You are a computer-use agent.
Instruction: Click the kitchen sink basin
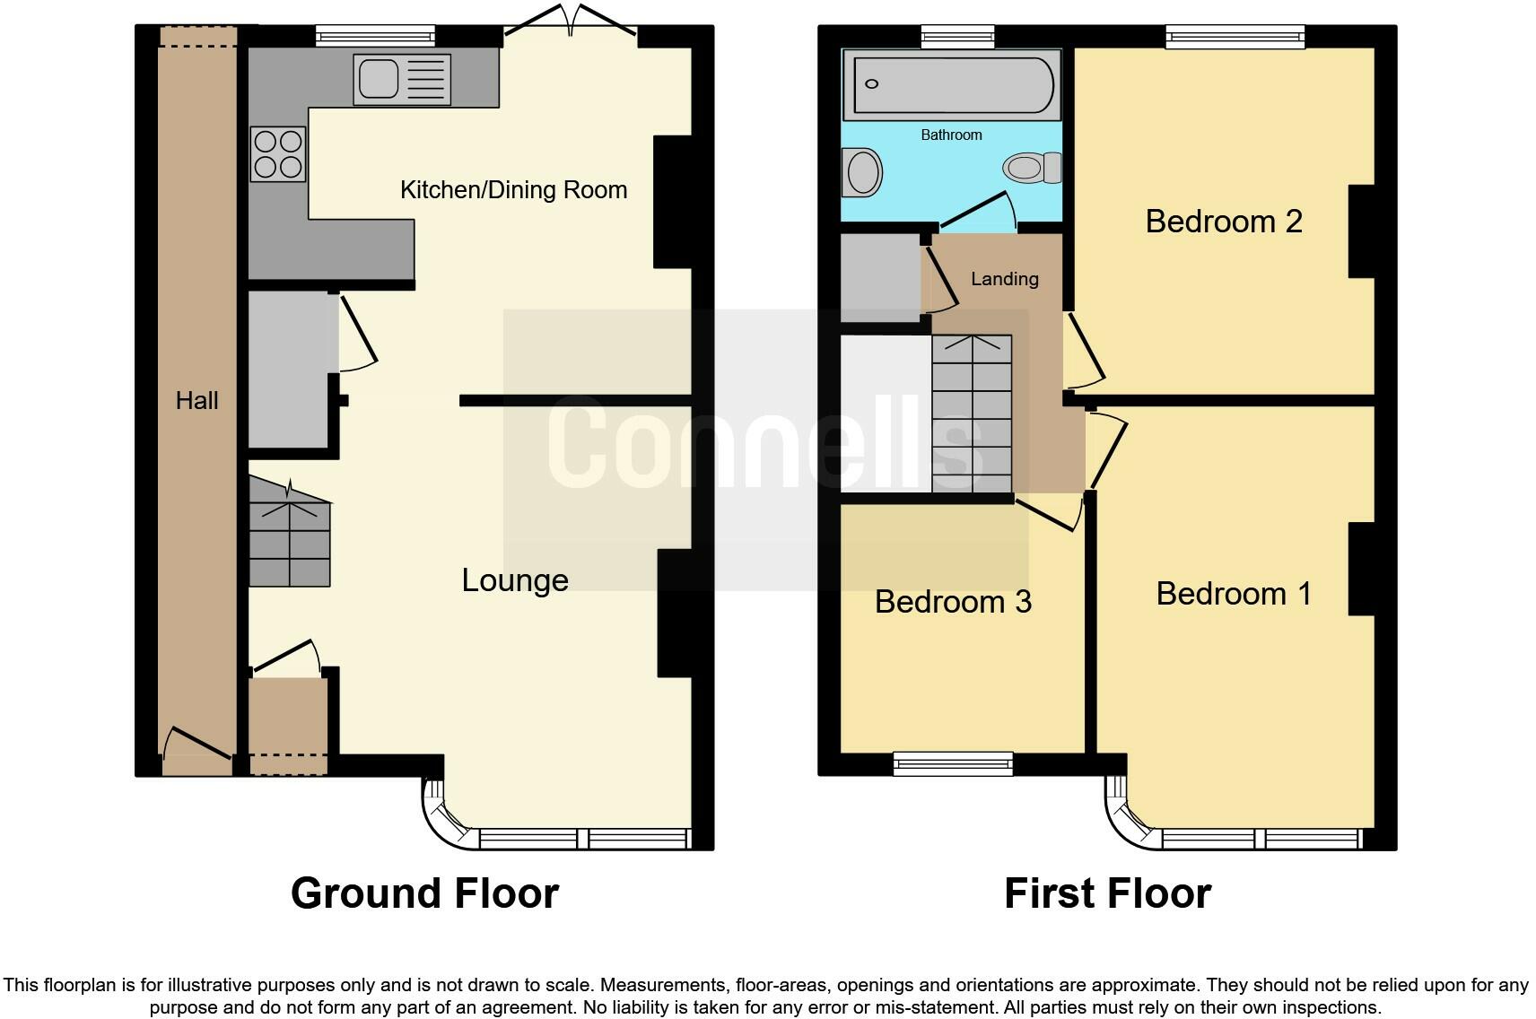378,79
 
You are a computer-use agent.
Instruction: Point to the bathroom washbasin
863,172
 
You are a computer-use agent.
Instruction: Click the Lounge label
515,580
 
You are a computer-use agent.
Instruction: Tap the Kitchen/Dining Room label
513,190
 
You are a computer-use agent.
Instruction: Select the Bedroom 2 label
1223,221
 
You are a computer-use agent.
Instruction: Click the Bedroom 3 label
953,601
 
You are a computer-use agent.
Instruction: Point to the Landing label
1004,279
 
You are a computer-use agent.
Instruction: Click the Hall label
196,400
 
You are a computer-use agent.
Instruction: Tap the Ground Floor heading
424,893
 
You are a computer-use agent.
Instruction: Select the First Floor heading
1107,893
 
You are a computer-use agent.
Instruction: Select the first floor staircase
972,414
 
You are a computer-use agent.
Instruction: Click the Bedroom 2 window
1235,36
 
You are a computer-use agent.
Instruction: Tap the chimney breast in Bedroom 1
1361,569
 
